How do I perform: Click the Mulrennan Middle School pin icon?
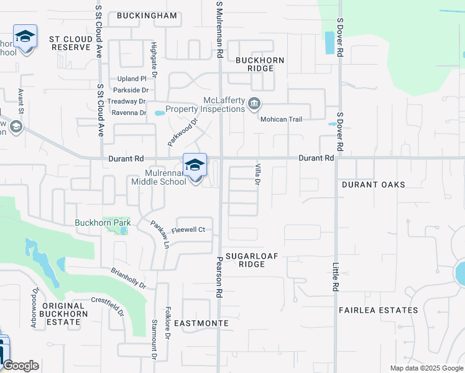(195, 165)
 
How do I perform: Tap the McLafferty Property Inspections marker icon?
(254, 103)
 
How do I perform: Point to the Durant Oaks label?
(374, 185)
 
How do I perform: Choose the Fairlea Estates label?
(378, 310)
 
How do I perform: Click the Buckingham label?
(147, 16)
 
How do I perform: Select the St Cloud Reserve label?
(71, 43)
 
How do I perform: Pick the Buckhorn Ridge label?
(260, 65)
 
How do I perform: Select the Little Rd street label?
(335, 277)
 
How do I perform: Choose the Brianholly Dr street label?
(128, 277)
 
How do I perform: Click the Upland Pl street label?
(132, 79)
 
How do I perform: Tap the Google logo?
(21, 366)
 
